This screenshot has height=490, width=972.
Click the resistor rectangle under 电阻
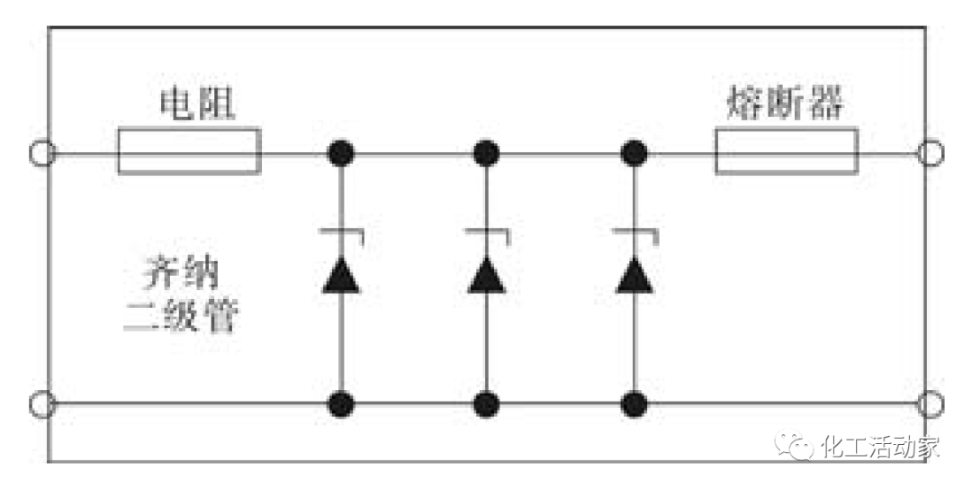189,151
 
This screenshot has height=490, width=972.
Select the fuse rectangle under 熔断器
787,151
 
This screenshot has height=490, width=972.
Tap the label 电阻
197,105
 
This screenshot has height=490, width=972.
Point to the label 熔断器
785,105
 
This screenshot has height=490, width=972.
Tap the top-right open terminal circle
930,153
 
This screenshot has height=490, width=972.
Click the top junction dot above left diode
341,153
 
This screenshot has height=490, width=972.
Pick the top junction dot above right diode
635,153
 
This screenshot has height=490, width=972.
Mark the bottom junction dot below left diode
341,403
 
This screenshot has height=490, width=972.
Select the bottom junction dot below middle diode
487,403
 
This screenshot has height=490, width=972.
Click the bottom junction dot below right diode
635,403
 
